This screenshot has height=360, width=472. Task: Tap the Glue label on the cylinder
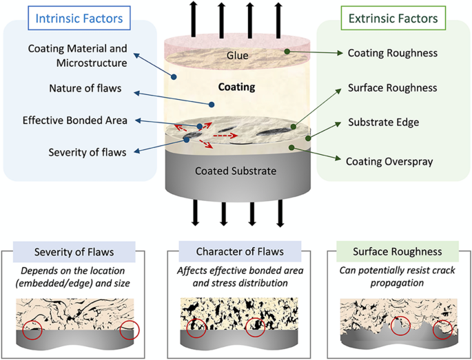[x=236, y=55]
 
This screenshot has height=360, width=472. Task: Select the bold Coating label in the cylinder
[x=236, y=87]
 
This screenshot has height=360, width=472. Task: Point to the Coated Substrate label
[x=236, y=170]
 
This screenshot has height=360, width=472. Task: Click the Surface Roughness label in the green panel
[x=392, y=88]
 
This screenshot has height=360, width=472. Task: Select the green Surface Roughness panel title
[x=389, y=248]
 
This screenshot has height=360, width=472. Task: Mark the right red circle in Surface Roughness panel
[x=444, y=330]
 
